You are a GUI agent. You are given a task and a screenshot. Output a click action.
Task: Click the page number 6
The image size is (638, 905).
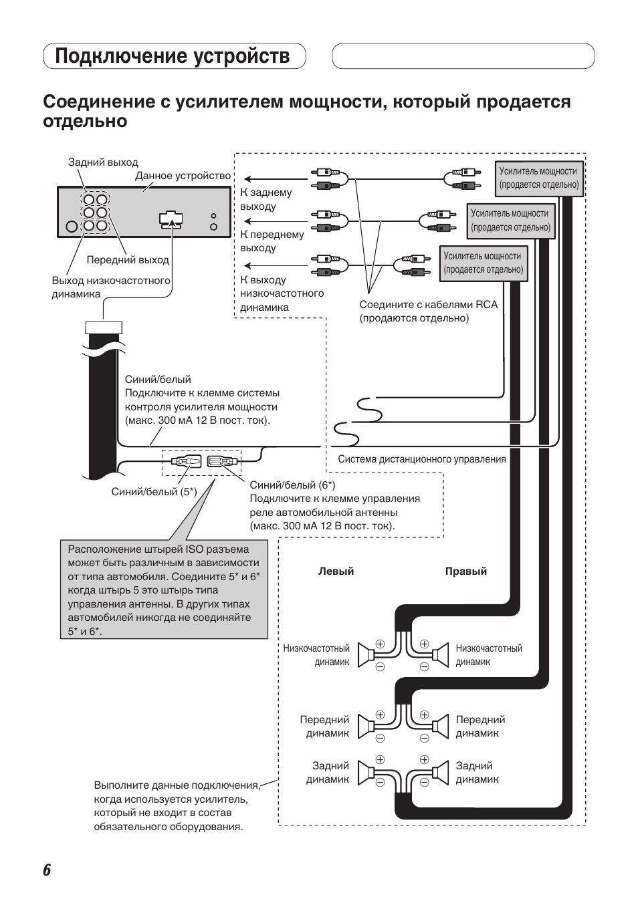tap(47, 870)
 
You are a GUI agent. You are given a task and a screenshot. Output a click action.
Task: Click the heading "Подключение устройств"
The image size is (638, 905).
tap(173, 56)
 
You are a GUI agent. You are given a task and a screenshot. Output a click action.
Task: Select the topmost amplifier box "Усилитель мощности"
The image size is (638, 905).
tap(538, 178)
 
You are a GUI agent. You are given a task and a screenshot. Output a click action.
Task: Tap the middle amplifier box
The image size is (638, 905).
tap(510, 221)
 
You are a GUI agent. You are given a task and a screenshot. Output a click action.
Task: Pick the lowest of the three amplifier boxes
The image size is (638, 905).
tap(483, 263)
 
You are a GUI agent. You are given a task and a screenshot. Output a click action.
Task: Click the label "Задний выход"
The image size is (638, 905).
tap(103, 162)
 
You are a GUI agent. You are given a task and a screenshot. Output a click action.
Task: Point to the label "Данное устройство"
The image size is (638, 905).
tap(183, 176)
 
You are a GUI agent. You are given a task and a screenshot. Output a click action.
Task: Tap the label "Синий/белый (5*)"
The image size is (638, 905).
tap(154, 492)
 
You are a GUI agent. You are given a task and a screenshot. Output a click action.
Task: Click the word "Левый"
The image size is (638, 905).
tap(336, 571)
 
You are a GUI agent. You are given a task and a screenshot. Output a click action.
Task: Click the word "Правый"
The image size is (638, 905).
tap(466, 571)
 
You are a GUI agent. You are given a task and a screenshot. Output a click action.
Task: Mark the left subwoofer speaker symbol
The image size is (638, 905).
tap(365, 655)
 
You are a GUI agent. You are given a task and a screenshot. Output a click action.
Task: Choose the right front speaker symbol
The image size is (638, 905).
tap(440, 727)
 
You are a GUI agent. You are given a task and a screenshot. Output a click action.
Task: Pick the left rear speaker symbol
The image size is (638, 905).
tap(365, 773)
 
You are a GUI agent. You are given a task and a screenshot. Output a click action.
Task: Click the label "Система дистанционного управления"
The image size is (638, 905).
tap(421, 459)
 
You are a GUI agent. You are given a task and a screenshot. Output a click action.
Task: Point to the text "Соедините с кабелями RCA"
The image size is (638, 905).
tap(428, 305)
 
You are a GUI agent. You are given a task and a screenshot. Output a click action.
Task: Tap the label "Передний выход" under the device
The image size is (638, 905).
tap(128, 260)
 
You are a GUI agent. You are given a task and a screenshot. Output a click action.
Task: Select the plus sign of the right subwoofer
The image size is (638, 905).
tap(424, 644)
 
